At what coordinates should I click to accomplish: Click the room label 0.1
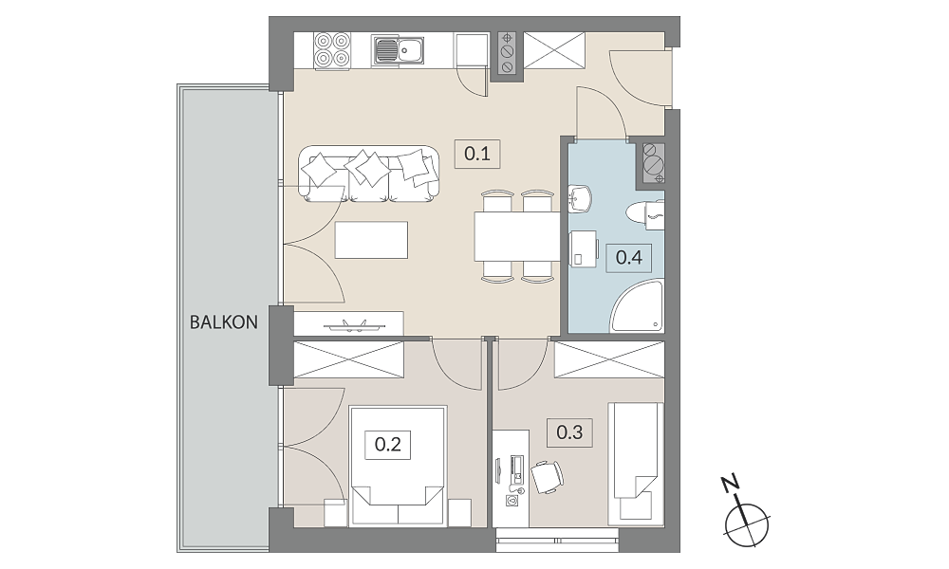coord(477,153)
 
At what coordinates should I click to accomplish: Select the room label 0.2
coord(388,445)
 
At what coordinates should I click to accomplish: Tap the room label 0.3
coord(569,432)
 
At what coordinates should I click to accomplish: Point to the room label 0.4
coord(629,258)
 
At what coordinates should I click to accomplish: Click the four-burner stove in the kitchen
coord(332,49)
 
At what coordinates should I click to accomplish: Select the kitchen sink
coord(399,50)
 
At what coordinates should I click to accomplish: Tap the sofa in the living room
coord(368,174)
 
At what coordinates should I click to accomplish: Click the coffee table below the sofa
coord(371,240)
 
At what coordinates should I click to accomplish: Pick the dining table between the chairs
coord(517,236)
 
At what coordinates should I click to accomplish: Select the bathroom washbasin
coord(580,199)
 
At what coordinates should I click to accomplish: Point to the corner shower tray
coord(638,306)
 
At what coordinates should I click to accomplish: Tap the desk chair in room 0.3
coord(548,476)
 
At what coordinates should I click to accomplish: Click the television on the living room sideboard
coord(354,326)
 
